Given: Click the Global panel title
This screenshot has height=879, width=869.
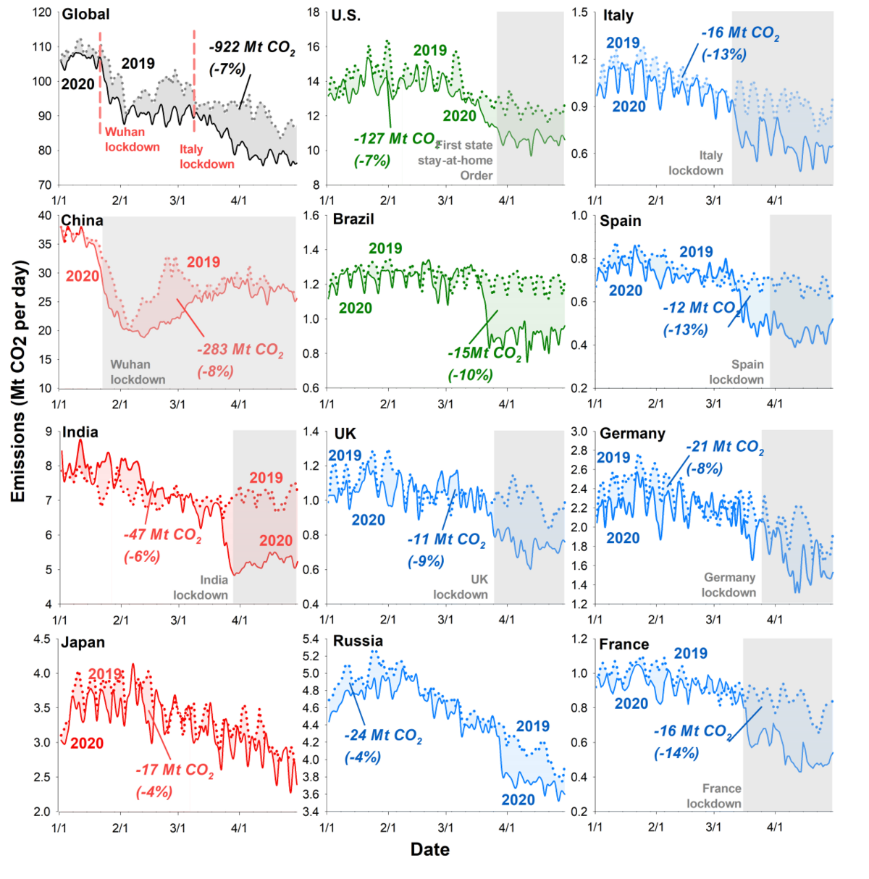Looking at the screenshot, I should tap(85, 14).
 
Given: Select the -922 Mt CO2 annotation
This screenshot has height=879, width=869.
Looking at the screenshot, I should tap(252, 49).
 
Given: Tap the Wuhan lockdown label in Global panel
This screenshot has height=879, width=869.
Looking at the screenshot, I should tap(132, 139).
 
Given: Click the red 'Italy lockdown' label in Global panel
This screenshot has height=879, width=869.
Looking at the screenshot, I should tap(206, 156).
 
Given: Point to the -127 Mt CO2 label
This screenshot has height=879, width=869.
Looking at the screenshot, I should tap(395, 139).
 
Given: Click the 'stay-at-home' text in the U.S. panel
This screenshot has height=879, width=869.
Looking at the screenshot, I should tap(455, 160).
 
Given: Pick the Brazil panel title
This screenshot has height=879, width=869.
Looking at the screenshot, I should tap(353, 219).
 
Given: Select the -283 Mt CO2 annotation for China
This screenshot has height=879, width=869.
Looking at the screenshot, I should tap(240, 350).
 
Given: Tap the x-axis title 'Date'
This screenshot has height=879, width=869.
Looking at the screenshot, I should tap(429, 850).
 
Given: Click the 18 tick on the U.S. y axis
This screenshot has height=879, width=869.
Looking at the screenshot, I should tap(313, 13).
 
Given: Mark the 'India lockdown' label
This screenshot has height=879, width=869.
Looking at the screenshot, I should tap(201, 587).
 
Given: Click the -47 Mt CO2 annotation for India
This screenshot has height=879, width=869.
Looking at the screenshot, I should tap(162, 535).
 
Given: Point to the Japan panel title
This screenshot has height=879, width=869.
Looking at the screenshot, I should tap(83, 643).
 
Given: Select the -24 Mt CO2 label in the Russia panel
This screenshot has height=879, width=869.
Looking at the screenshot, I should tap(383, 736).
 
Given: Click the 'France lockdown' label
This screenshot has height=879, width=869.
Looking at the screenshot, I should tap(714, 796).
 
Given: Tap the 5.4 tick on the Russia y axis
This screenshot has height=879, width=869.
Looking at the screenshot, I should tap(310, 639).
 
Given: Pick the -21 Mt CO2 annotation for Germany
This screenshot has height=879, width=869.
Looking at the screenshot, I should tap(724, 447).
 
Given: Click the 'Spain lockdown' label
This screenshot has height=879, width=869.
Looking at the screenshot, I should tap(736, 372).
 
